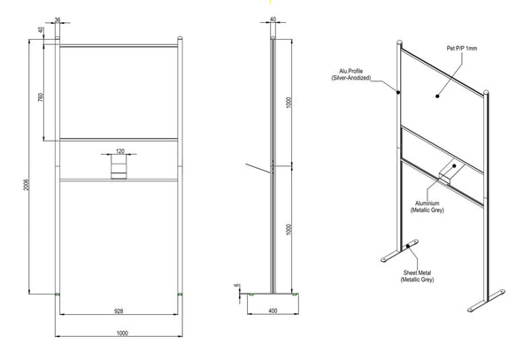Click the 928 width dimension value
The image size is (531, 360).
point(119,310)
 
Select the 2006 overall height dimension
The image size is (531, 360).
point(26,184)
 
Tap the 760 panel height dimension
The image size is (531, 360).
point(41,97)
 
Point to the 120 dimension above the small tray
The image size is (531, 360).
point(120,151)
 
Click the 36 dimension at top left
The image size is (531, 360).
point(58,19)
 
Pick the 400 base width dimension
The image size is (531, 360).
point(273,310)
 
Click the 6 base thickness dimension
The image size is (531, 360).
point(236,286)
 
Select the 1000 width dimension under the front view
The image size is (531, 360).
point(122,333)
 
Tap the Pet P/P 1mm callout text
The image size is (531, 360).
point(462,49)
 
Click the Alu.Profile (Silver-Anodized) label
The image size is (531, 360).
point(350,74)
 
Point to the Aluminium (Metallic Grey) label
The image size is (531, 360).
point(427,206)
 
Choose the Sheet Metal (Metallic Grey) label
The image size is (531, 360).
point(417,276)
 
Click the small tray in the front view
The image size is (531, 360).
point(119,166)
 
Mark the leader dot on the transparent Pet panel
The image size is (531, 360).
point(437,96)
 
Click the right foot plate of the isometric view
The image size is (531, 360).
point(486,300)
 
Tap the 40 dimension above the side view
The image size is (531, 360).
point(273,19)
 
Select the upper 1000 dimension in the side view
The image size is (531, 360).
point(289,103)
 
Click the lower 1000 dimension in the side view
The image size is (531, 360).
point(289,229)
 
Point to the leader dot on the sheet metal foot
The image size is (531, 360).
point(408,246)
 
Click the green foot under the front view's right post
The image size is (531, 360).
point(180,295)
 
